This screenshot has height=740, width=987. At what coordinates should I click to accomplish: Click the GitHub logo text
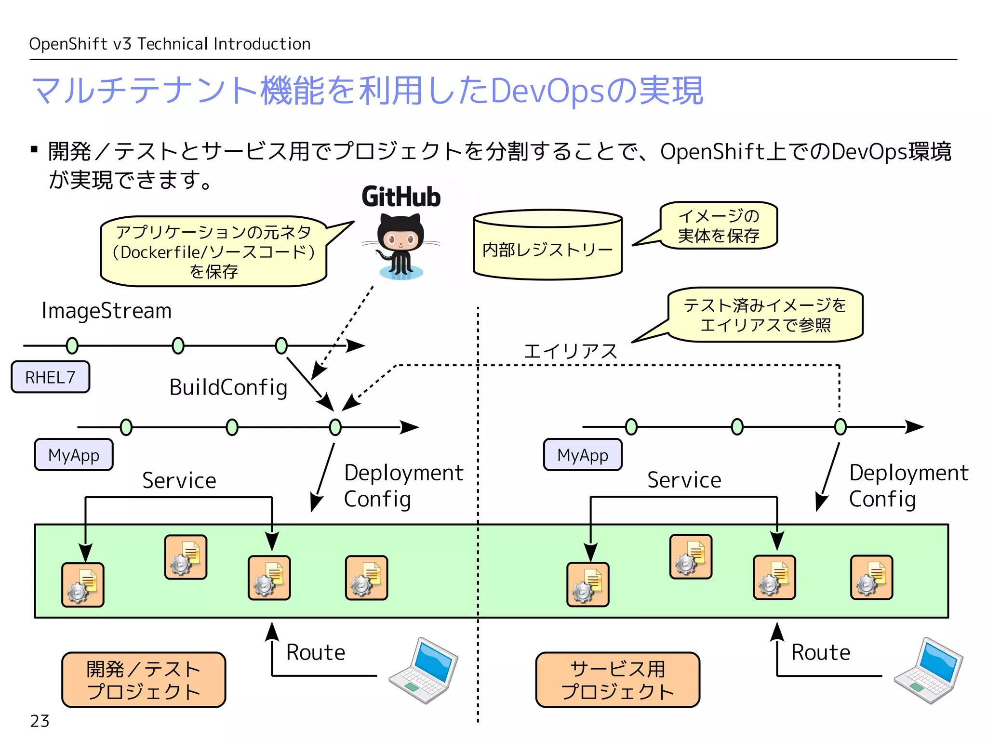click(x=401, y=197)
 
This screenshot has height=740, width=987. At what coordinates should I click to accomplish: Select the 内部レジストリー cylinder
click(x=547, y=246)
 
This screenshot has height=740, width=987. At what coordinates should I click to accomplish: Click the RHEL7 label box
click(x=51, y=377)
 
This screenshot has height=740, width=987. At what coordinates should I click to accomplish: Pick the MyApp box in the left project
click(x=74, y=455)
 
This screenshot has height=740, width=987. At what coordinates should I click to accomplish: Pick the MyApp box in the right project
click(x=583, y=455)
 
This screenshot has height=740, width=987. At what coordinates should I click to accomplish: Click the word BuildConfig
click(x=228, y=387)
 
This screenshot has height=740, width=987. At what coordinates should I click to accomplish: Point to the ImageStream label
click(x=107, y=311)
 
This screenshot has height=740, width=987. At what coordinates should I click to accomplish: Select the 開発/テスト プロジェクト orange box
click(x=144, y=680)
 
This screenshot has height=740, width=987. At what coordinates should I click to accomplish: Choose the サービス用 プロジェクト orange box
click(x=617, y=680)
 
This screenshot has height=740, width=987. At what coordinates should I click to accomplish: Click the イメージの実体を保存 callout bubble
click(x=719, y=225)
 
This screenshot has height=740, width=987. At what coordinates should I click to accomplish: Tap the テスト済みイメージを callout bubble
click(x=765, y=315)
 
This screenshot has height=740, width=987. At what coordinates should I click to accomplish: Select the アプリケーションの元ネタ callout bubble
click(x=213, y=251)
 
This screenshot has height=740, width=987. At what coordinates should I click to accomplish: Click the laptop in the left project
click(x=424, y=671)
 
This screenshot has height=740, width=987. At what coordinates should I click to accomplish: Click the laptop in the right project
click(x=928, y=671)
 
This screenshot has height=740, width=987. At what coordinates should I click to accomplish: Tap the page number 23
click(x=40, y=721)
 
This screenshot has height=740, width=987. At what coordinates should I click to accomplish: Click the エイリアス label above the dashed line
click(x=570, y=351)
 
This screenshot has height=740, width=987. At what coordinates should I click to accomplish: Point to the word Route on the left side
click(x=316, y=652)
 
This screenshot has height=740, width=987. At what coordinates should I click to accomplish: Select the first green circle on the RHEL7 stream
click(x=72, y=345)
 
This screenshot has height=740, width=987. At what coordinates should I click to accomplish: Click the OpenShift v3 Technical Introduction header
click(x=170, y=44)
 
